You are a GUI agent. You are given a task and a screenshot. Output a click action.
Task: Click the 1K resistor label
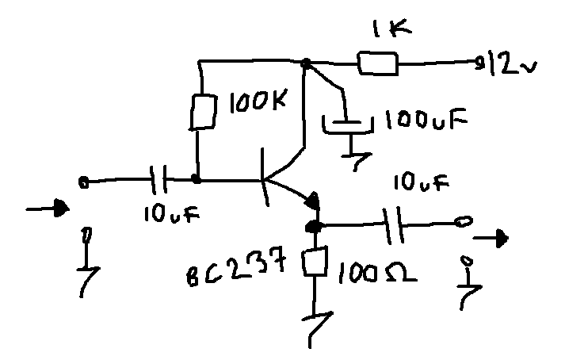391,29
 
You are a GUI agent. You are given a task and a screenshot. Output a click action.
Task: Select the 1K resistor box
378,63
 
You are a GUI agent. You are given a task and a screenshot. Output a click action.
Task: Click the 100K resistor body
204,112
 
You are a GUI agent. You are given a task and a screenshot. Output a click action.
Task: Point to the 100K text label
258,101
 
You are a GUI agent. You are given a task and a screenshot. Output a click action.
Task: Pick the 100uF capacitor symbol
347,124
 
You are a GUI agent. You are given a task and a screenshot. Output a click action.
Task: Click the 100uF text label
426,119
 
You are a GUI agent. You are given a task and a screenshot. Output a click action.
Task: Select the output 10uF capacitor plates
393,225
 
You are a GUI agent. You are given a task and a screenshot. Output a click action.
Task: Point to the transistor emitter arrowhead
313,201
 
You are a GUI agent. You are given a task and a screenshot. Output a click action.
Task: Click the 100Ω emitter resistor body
315,261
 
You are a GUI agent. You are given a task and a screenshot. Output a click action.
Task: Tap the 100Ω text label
377,273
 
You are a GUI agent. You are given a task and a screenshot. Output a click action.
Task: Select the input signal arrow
48,209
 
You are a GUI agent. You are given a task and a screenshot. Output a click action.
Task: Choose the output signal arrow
491,239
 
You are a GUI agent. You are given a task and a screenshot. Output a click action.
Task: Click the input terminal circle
83,182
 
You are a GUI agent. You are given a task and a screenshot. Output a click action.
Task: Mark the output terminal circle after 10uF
464,221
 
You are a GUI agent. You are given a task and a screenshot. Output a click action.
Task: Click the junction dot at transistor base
196,178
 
